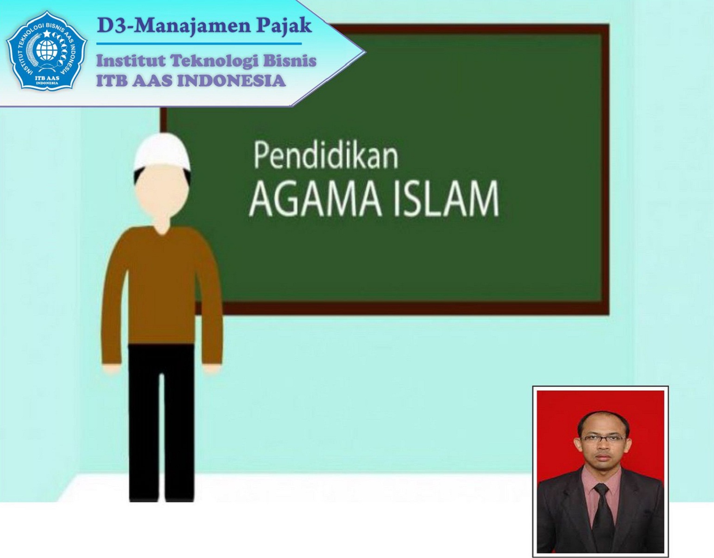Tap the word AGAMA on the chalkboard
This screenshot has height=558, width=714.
pos(315,200)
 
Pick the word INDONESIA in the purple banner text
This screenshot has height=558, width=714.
pos(231,81)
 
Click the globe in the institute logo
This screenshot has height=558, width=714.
pos(47,50)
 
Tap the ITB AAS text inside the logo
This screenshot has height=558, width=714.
pos(47,78)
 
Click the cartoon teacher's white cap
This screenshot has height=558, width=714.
pos(162,152)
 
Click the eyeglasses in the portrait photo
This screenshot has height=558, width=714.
pos(603,438)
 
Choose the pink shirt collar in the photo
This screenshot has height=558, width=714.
pos(601,477)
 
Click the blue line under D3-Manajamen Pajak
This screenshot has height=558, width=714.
pos(199,44)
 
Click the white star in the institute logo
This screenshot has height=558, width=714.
pos(47,33)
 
